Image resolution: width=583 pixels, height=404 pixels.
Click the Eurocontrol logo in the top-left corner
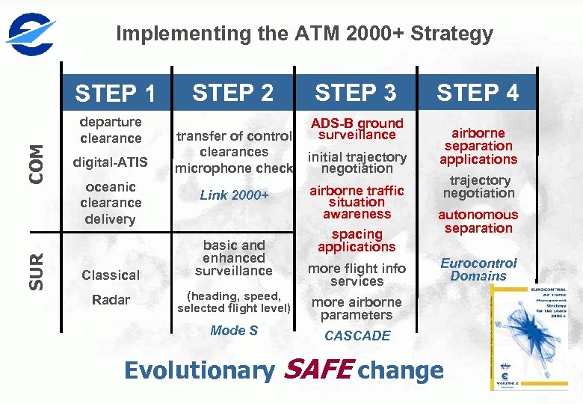31,33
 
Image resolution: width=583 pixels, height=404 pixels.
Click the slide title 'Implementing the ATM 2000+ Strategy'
304,34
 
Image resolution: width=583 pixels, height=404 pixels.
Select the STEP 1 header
116,94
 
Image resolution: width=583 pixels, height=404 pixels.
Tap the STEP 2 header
233,93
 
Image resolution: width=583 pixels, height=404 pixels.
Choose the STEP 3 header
356,93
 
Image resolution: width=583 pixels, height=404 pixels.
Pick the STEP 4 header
478,93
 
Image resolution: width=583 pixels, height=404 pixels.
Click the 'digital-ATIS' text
111,162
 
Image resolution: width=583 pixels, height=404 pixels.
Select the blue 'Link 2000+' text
234,195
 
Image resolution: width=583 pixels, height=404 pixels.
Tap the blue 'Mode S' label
234,331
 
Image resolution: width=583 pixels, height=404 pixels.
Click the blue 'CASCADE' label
357,336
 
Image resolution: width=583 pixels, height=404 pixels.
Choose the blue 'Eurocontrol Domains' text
478,269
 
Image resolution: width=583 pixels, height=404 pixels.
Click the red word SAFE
319,370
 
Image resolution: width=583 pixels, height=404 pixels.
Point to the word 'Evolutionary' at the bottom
200,370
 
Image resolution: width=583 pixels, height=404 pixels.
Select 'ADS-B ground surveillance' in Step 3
357,129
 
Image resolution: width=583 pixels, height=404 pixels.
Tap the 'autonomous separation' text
478,221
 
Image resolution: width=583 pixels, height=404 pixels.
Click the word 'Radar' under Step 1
111,300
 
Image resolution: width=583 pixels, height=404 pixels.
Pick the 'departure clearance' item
111,129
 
